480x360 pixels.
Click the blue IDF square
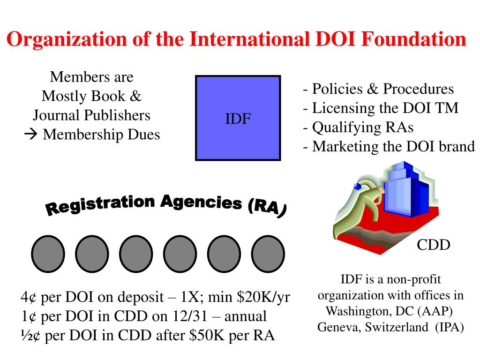[x=238, y=118]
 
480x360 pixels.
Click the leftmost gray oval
[x=47, y=255]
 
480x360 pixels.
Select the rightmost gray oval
[x=268, y=255]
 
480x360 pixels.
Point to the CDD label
[x=434, y=244]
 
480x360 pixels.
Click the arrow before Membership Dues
[x=31, y=135]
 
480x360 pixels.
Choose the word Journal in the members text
[x=58, y=115]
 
